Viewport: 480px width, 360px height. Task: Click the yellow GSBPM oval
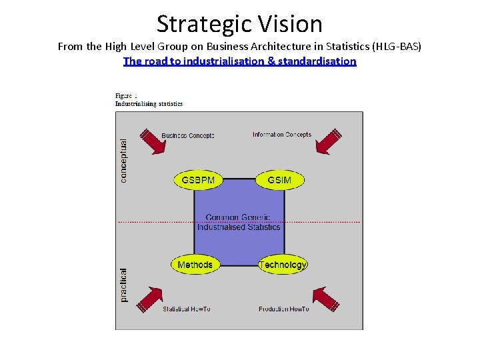point(199,180)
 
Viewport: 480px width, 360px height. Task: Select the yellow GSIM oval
point(279,180)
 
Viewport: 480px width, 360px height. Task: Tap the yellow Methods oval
point(195,265)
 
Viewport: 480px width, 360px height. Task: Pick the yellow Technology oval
point(283,265)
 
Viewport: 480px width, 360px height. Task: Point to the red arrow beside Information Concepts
point(329,141)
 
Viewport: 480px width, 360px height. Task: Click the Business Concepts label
point(188,135)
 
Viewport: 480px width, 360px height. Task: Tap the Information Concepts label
point(281,135)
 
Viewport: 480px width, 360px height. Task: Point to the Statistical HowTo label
point(187,309)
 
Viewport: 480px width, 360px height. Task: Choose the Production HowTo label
point(284,309)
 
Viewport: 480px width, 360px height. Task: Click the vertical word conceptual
point(123,160)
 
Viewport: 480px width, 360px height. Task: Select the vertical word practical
point(123,285)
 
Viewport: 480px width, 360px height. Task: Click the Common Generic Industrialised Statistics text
point(239,222)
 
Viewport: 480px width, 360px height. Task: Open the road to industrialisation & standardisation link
point(240,61)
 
